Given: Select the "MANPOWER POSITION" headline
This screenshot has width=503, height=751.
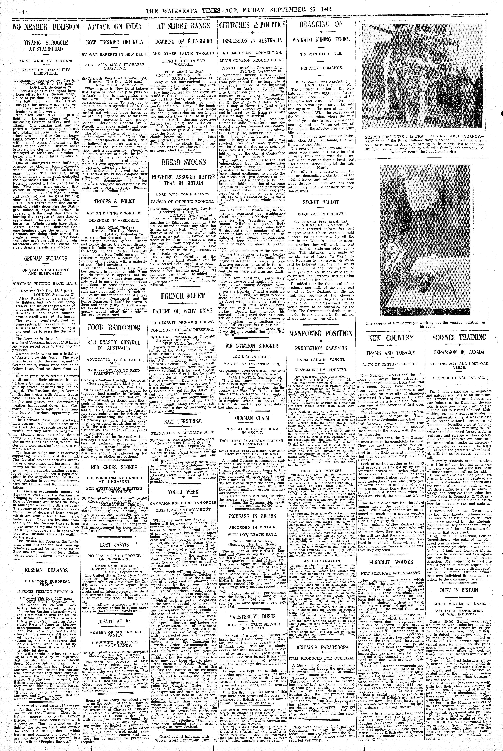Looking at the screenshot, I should pyautogui.click(x=321, y=333).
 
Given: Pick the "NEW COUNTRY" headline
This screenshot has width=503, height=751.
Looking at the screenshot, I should pyautogui.click(x=390, y=338).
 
